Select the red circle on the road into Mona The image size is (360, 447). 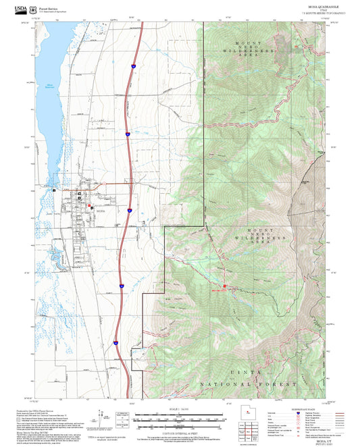point(103,182)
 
